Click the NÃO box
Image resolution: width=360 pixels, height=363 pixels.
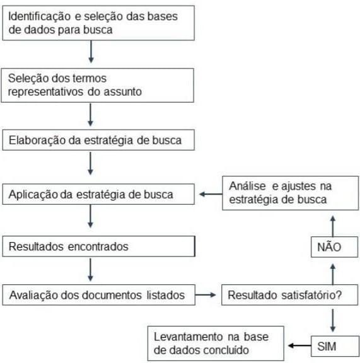point(334,247)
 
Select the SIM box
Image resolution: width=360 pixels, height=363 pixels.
point(335,346)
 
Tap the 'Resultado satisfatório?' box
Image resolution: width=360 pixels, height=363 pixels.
point(289,295)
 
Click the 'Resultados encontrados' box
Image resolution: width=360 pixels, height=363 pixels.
point(99,246)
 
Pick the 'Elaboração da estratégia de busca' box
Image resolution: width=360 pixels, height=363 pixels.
point(98,140)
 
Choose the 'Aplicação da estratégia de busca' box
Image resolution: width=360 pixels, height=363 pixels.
point(98,194)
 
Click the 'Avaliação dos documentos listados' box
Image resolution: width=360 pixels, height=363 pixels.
point(99,295)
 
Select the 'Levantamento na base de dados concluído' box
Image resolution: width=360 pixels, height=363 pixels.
point(216,343)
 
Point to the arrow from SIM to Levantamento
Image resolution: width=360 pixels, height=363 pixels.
point(299,345)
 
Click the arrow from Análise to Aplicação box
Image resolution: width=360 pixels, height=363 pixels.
point(211,194)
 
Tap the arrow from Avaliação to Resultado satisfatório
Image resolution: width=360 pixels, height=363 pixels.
point(206,295)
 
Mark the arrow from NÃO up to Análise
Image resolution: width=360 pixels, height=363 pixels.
point(333,226)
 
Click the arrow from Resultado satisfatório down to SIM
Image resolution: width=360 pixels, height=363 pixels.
point(333,320)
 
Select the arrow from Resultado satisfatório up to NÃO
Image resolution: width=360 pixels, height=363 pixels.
point(333,274)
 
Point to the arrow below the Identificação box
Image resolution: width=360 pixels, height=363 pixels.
point(91,52)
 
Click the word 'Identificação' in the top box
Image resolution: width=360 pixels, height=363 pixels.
point(39,16)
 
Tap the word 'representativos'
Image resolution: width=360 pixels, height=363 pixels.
point(45,92)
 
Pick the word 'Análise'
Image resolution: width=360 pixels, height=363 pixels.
point(247,186)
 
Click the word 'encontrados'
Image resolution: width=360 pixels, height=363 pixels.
point(98,246)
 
